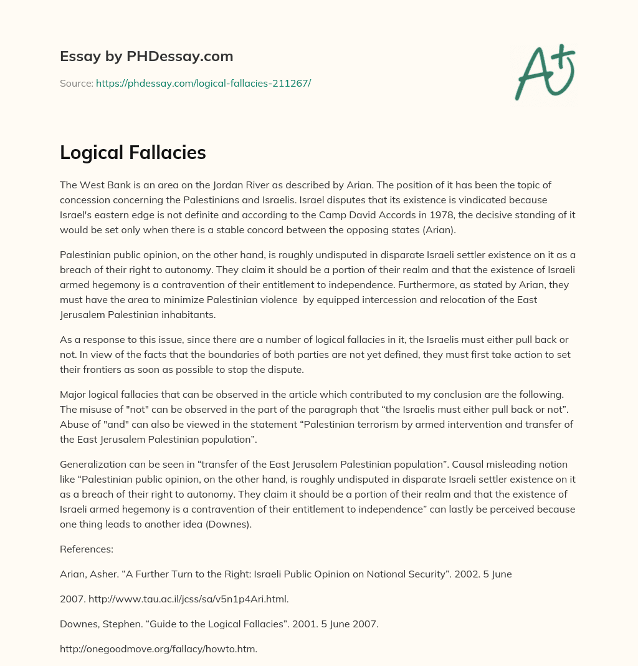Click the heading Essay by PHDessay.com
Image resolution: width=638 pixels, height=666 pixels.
(x=146, y=56)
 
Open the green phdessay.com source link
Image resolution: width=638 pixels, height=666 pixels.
(x=203, y=83)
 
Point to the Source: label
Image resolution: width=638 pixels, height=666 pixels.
(x=76, y=83)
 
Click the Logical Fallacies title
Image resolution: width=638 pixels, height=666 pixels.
(x=133, y=152)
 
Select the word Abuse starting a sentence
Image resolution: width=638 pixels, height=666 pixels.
(x=73, y=424)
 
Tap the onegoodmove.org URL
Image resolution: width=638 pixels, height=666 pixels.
(x=158, y=649)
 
